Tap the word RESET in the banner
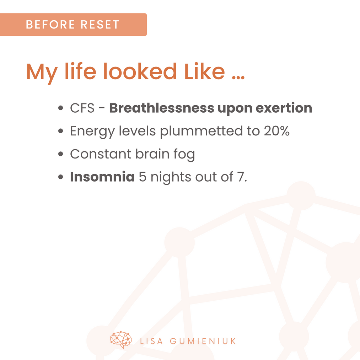(100, 25)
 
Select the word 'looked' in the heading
(140, 71)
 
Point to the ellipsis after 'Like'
(238, 77)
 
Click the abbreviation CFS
(82, 108)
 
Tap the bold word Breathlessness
(162, 108)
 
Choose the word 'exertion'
(284, 108)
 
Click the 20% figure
(276, 131)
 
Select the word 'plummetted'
(202, 131)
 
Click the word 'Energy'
(92, 132)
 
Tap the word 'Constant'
(101, 154)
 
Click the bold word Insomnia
(102, 177)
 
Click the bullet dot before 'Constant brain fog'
(61, 154)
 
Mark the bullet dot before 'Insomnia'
(61, 177)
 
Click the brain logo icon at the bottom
(121, 340)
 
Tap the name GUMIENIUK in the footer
(203, 341)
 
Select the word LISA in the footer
(151, 341)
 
